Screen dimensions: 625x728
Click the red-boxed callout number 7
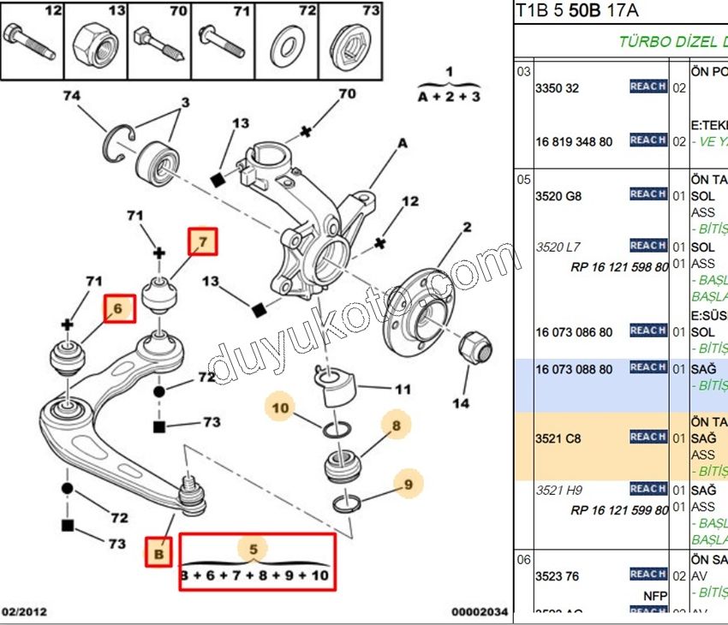(203, 242)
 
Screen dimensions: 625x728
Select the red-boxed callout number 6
(119, 308)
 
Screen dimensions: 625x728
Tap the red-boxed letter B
(158, 554)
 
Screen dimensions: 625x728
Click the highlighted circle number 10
(281, 408)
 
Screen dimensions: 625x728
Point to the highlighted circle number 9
(409, 485)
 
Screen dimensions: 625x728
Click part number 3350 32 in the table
(557, 88)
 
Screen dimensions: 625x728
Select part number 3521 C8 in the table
(558, 438)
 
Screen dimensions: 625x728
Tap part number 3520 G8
(558, 196)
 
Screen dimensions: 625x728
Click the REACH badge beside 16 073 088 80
(648, 368)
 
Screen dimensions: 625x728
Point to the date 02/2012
(25, 612)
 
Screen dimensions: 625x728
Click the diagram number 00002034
(480, 612)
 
